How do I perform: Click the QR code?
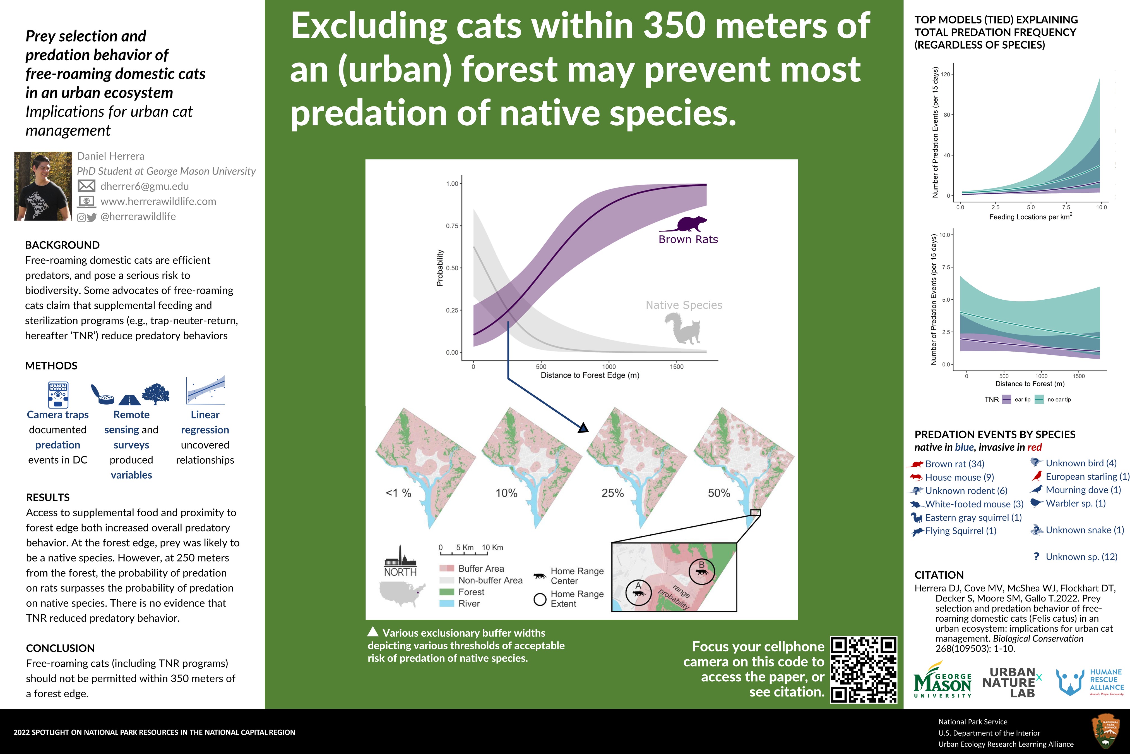point(863,670)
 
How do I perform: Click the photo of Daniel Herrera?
point(43,186)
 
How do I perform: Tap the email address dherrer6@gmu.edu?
point(145,186)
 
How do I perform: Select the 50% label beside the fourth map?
point(719,493)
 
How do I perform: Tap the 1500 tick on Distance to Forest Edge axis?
point(676,366)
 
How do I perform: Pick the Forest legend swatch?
point(447,592)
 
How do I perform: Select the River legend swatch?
point(447,603)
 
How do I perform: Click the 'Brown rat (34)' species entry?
point(954,464)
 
